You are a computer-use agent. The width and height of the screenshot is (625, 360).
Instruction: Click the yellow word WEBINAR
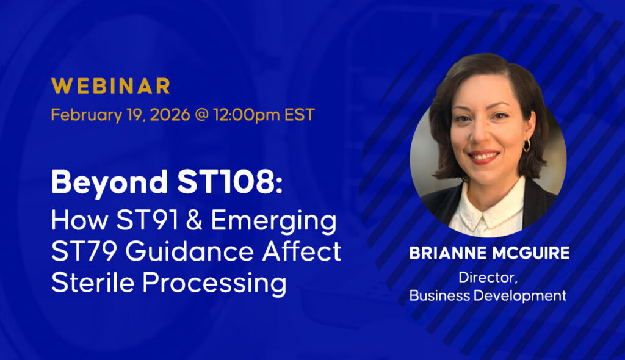point(111,86)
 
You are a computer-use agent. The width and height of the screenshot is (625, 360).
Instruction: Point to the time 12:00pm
point(247,115)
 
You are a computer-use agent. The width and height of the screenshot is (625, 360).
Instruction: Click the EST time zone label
point(300,115)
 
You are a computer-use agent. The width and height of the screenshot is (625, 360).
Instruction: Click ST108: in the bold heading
point(230,182)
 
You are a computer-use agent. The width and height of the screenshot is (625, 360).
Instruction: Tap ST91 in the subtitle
point(147,220)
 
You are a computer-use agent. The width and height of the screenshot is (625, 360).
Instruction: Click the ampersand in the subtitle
point(194,220)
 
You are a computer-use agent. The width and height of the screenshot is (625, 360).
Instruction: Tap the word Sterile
point(93,283)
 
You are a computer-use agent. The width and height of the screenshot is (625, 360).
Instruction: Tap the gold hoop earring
point(527,145)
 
